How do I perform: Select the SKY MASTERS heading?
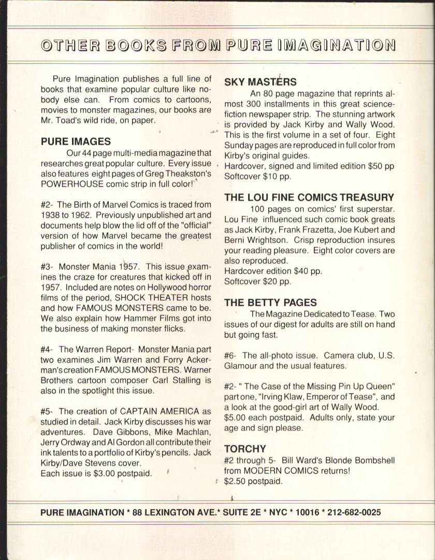click(x=260, y=82)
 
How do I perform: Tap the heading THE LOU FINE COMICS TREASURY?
click(x=309, y=197)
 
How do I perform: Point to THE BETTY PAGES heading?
click(x=270, y=303)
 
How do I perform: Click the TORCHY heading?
click(x=245, y=449)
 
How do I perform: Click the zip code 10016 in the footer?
click(x=303, y=513)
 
